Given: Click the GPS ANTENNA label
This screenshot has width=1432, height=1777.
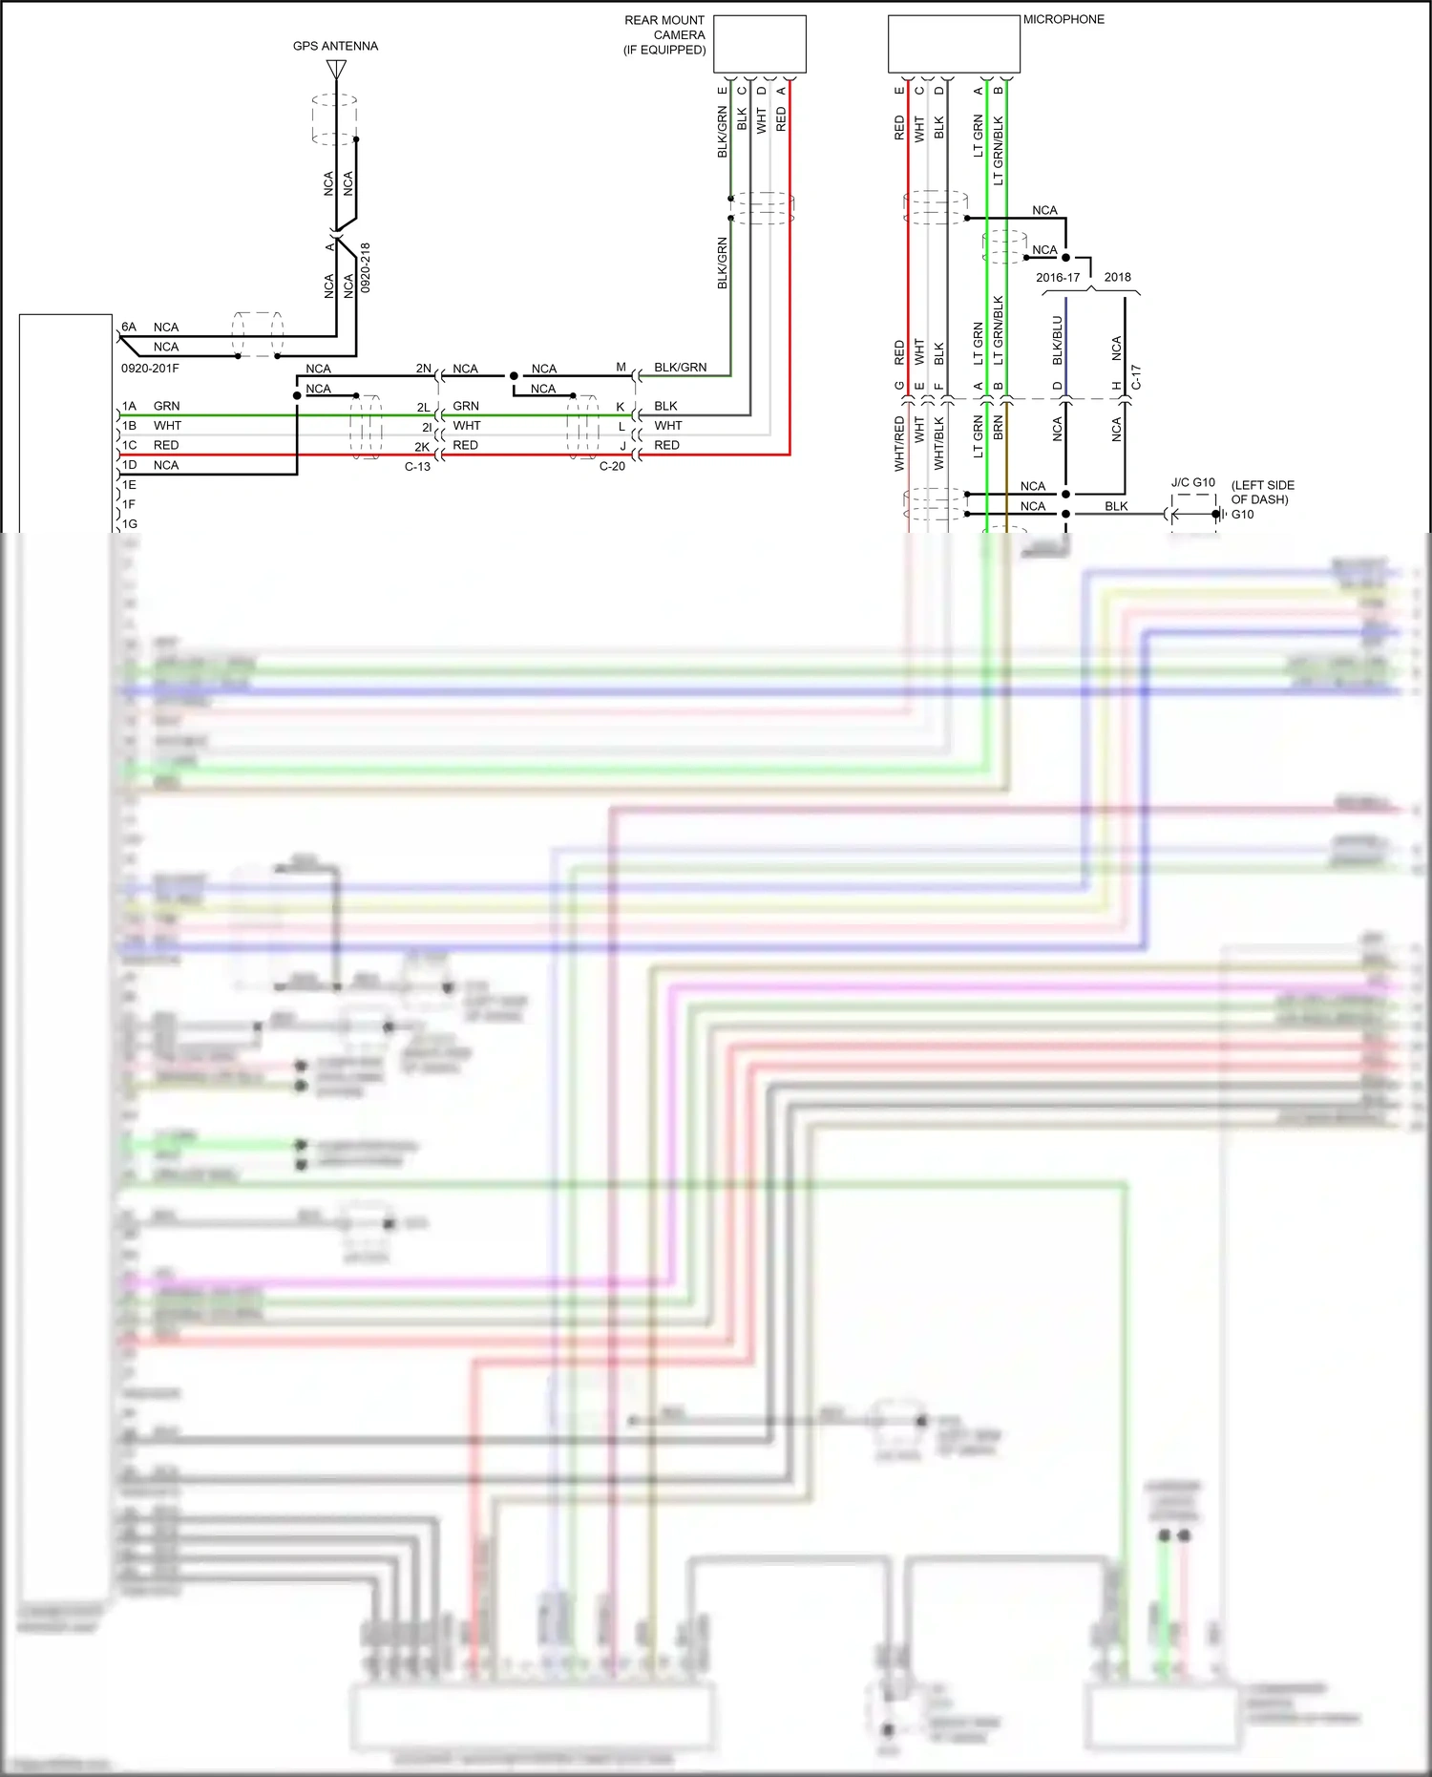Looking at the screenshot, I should [x=335, y=46].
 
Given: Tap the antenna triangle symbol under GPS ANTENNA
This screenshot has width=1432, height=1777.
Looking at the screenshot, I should [x=336, y=70].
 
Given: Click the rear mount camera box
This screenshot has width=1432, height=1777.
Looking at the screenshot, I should [x=759, y=44].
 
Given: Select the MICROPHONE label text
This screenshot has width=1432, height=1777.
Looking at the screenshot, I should [x=1063, y=19].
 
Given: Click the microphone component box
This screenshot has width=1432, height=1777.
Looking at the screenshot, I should [x=953, y=44].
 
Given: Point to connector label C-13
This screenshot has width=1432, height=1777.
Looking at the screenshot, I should [x=417, y=467].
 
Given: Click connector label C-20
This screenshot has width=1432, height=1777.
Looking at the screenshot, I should [x=612, y=467].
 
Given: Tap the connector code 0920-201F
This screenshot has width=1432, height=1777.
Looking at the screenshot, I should [x=150, y=369].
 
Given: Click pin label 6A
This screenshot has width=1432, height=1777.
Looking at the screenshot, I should [x=129, y=327].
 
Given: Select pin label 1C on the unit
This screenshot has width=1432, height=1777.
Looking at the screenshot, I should [x=129, y=445].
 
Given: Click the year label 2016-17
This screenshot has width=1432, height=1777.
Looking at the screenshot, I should [x=1058, y=278].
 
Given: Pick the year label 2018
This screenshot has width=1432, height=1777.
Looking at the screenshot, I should [x=1117, y=278].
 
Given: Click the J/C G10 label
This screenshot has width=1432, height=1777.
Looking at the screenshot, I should [x=1192, y=482].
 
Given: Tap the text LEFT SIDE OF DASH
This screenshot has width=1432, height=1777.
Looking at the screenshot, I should [x=1262, y=492].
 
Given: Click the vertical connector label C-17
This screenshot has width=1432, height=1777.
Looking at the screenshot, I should [x=1136, y=377].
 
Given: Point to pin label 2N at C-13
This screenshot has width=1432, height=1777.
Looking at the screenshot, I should [x=423, y=369].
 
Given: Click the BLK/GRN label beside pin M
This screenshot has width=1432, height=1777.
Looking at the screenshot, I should [x=680, y=368].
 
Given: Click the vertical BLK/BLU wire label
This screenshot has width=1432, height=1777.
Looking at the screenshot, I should [x=1058, y=341].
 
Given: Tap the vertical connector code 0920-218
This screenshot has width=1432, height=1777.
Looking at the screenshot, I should [x=366, y=267].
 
